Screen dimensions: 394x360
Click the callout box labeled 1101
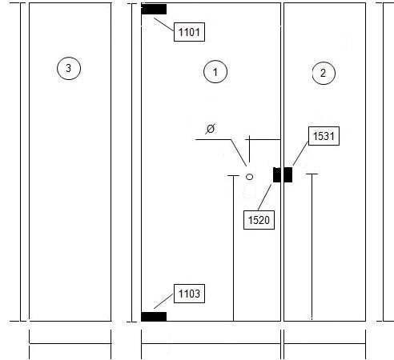(189, 32)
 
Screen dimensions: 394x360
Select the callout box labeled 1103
(189, 294)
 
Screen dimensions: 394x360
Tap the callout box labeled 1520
(259, 220)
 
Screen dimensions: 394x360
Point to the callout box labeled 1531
(324, 136)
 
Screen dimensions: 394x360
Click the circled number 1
(215, 72)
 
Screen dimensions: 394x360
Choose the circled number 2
(324, 73)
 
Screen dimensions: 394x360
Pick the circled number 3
(69, 68)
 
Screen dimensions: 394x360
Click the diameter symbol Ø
(211, 129)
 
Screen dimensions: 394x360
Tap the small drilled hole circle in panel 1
(249, 177)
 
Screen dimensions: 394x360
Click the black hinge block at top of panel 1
(154, 9)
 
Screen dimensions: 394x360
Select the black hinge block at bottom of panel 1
(154, 317)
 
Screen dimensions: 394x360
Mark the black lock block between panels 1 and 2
(283, 175)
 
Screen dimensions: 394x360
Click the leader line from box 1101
(164, 25)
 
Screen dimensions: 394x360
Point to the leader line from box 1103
(163, 302)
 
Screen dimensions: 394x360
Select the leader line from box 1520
(264, 198)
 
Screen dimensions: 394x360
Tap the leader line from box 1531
(300, 154)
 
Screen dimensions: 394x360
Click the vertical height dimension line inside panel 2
(312, 246)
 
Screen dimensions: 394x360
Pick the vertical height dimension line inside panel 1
(234, 248)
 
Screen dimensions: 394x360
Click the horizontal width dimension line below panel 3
(70, 343)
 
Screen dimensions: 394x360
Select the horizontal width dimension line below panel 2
(324, 343)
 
